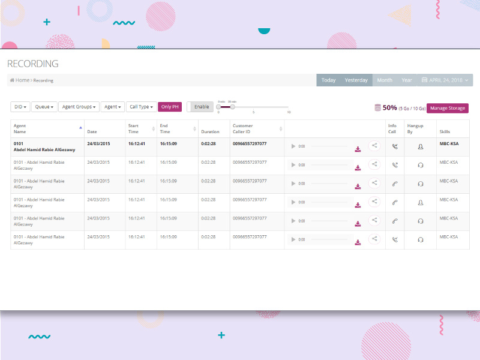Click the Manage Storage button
(447, 108)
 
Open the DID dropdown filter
(20, 107)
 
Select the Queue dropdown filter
(44, 107)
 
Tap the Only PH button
(169, 107)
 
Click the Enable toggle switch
(200, 107)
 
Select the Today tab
(328, 80)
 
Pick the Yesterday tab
(356, 80)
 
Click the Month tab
(385, 80)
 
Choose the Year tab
(407, 80)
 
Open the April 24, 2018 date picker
(446, 80)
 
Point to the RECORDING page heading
(33, 64)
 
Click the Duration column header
(210, 131)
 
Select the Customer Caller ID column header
(243, 128)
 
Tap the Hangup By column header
(415, 128)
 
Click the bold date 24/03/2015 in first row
(98, 144)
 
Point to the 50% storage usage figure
(389, 108)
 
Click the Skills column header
(445, 131)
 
